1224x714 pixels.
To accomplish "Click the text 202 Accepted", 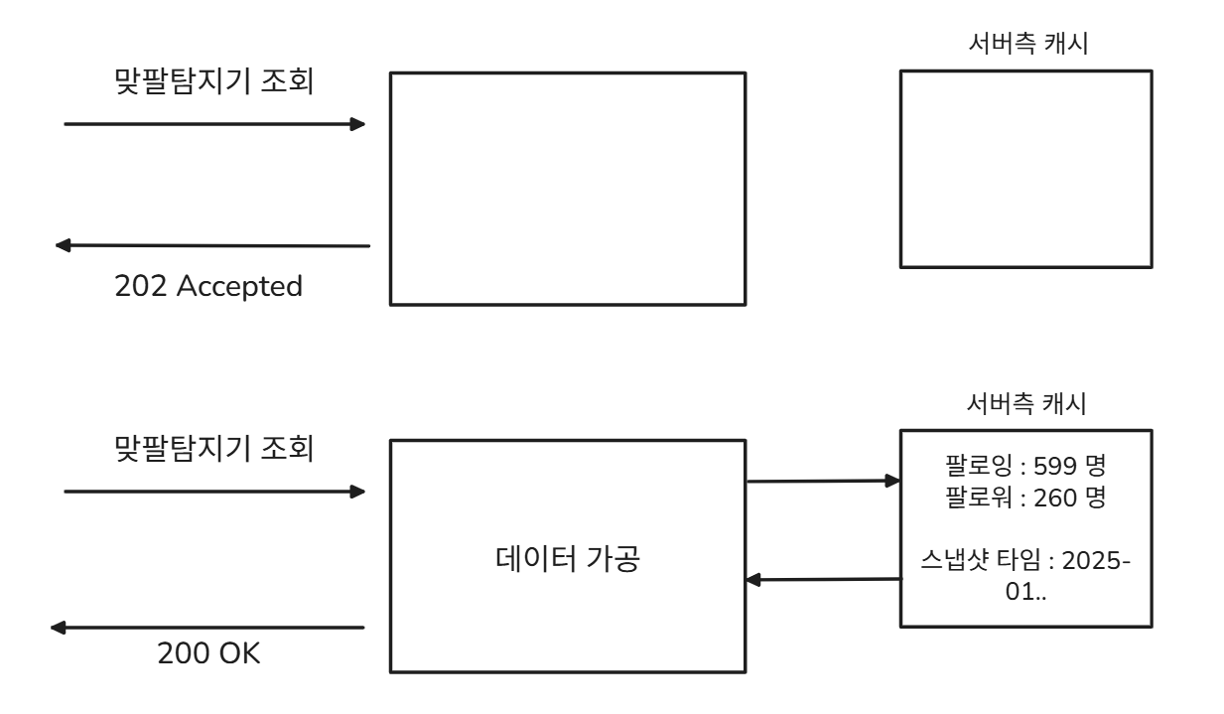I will click(208, 287).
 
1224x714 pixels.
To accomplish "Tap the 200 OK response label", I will click(208, 654).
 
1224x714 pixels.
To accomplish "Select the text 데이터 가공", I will click(566, 560).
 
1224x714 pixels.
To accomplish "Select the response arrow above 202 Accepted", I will click(212, 245).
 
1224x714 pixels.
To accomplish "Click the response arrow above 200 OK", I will click(208, 628).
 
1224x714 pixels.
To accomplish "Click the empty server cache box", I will click(1026, 168).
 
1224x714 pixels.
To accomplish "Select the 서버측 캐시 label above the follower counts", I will click(1026, 405).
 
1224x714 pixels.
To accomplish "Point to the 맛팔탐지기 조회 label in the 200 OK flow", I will click(213, 449).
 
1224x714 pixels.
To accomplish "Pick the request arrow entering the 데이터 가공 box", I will click(213, 491).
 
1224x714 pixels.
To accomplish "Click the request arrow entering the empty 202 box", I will click(213, 124).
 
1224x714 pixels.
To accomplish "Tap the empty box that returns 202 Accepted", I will click(566, 188).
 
